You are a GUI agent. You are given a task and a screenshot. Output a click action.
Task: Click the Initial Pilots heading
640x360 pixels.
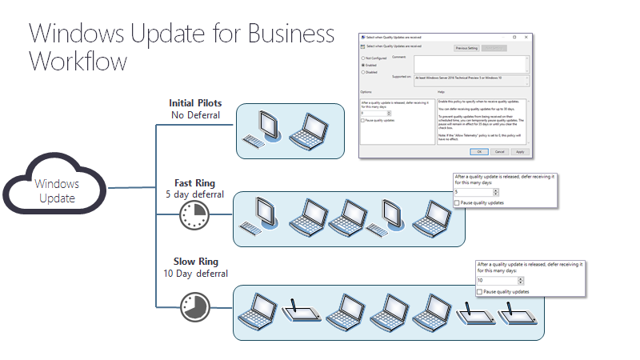tap(195, 103)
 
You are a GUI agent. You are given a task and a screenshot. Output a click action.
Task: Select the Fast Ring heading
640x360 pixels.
tap(194, 182)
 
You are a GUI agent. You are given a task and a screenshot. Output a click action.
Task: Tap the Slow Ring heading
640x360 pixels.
tap(195, 261)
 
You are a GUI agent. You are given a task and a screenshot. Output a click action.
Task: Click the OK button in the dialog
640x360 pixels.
tap(479, 151)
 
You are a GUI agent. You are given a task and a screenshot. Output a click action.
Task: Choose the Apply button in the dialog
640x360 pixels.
tap(520, 151)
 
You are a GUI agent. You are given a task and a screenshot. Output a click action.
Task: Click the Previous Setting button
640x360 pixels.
tap(466, 48)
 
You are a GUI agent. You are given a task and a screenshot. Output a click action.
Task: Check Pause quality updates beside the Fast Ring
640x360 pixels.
tap(457, 203)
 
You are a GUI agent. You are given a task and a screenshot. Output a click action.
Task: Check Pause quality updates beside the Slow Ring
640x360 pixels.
tap(479, 292)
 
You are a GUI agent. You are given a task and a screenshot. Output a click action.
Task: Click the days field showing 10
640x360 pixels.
tap(497, 281)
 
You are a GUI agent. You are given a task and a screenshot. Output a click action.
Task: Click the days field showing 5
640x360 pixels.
tap(474, 192)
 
